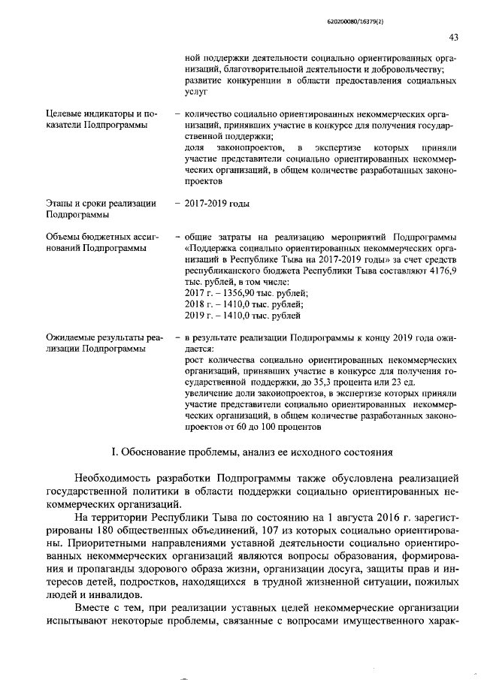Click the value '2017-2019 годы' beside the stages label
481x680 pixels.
click(x=217, y=204)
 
